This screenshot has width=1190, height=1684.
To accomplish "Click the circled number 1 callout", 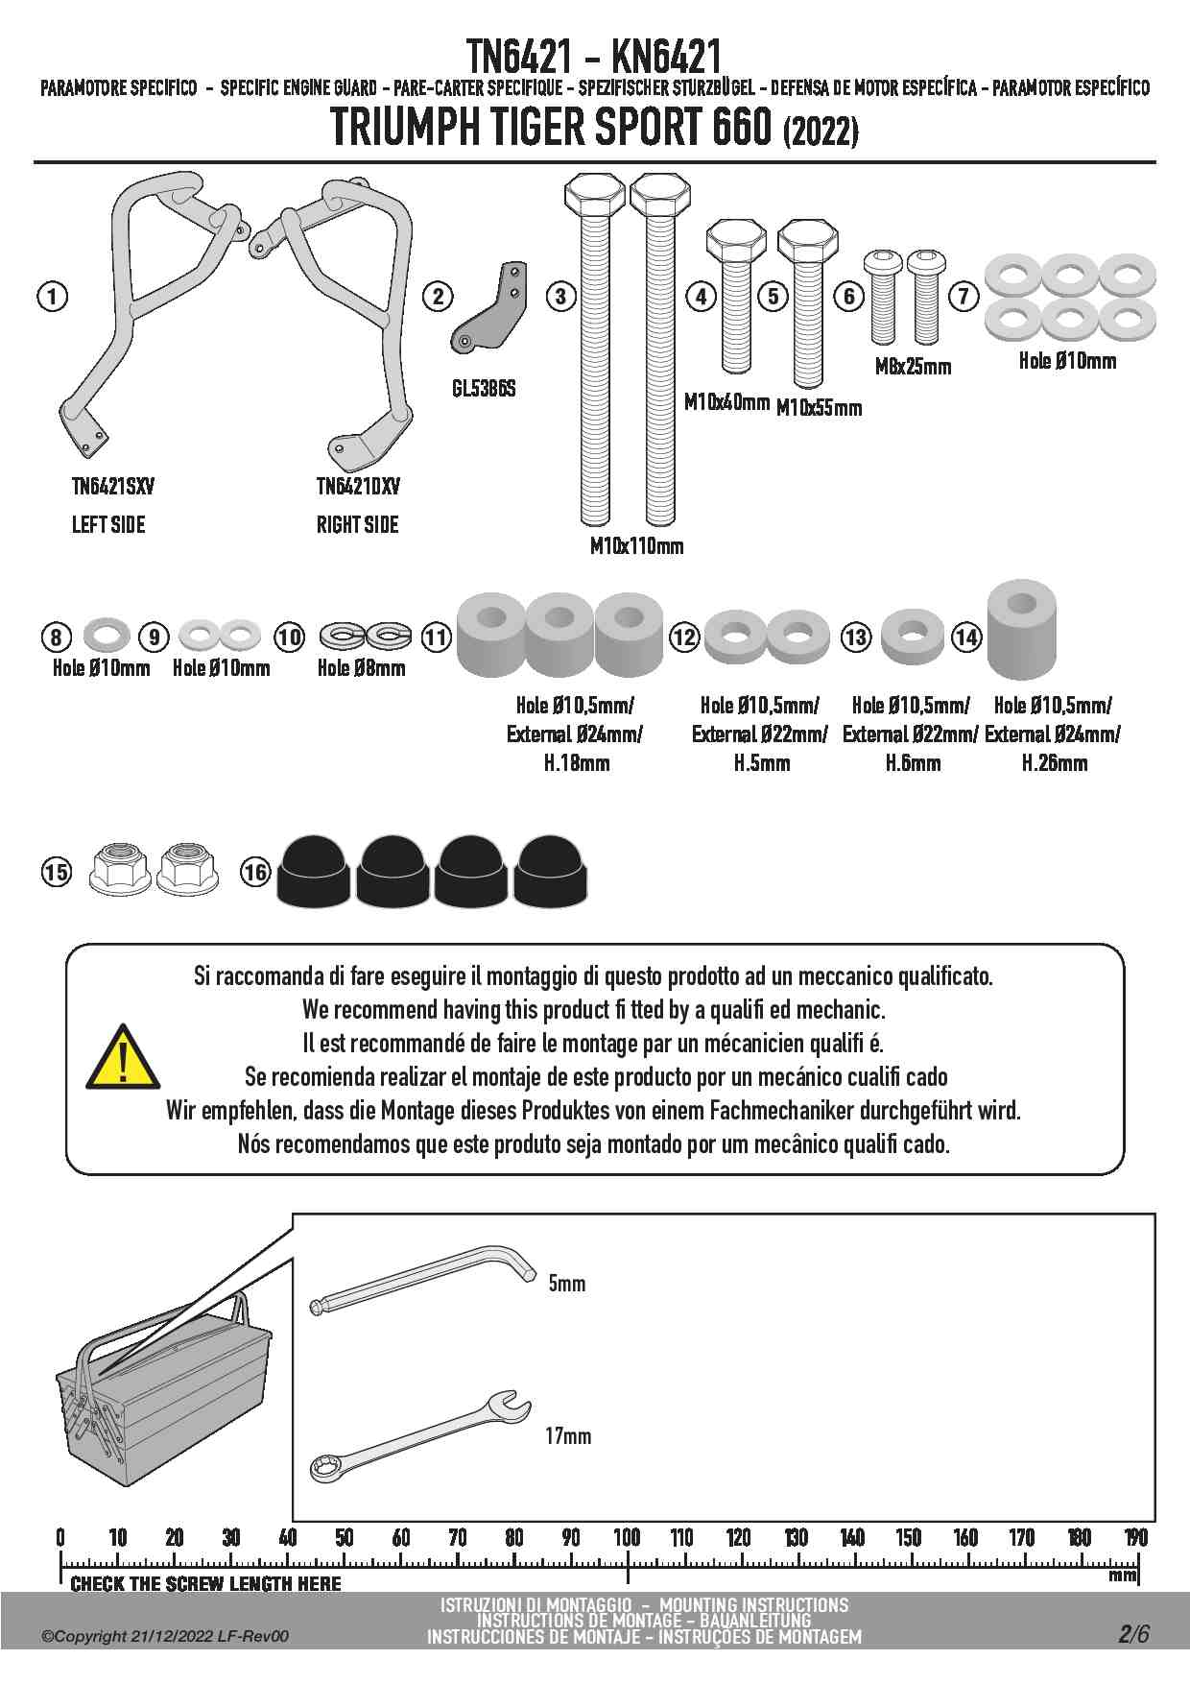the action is click(x=53, y=296).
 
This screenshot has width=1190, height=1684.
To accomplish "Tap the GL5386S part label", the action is click(x=484, y=389).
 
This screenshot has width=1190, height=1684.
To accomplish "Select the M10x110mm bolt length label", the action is click(x=636, y=546).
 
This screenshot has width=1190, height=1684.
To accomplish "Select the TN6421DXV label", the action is click(x=358, y=487).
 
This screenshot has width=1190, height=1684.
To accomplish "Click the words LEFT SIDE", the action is click(x=108, y=525).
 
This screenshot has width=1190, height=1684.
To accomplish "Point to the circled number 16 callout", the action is click(x=255, y=872).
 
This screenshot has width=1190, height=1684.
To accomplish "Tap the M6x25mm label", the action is click(x=913, y=366).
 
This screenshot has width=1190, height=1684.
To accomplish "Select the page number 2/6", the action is click(x=1133, y=1634).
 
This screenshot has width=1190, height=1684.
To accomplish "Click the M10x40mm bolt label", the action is click(x=726, y=402).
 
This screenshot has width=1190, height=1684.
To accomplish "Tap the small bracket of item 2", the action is click(x=489, y=306).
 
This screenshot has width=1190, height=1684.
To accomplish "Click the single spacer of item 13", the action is click(x=913, y=636).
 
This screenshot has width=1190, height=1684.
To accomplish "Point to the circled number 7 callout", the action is click(x=964, y=296).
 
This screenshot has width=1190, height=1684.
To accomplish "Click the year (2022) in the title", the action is click(x=821, y=132).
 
